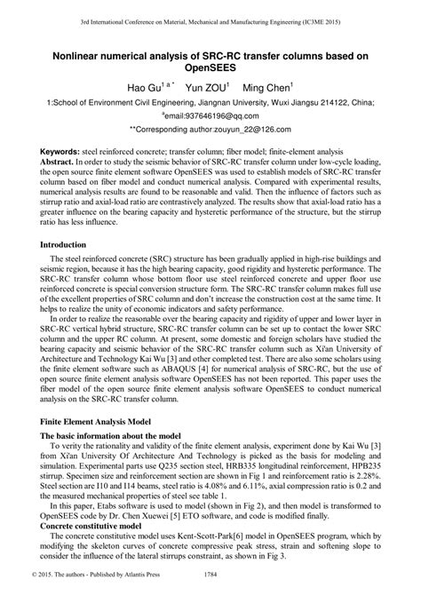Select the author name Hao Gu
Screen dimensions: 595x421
(144, 90)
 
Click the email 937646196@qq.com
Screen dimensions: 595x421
(212, 116)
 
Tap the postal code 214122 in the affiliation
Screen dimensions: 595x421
(336, 104)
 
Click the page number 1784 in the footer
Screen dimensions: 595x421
(210, 586)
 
